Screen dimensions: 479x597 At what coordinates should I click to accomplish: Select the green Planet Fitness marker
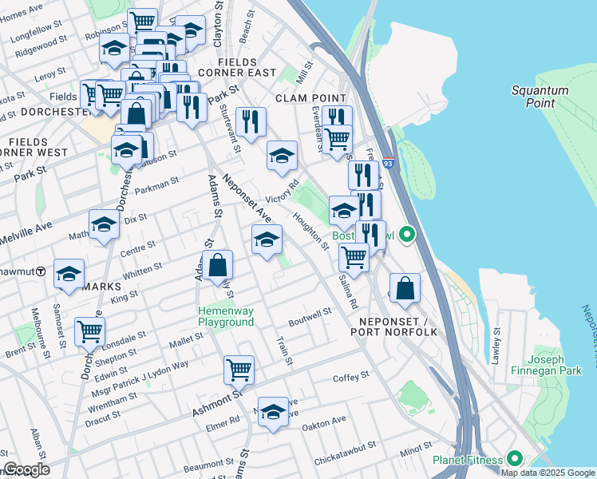[515, 459]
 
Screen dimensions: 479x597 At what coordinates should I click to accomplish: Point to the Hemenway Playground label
[226, 316]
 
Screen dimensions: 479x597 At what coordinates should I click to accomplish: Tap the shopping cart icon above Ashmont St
[239, 370]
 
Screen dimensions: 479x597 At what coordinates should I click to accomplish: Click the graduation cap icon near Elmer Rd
[273, 412]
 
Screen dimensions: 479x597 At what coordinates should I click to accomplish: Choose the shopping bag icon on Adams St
[217, 266]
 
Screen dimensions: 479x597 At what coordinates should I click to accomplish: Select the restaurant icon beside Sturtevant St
[251, 122]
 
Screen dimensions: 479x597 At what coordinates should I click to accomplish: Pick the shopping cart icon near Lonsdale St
[89, 331]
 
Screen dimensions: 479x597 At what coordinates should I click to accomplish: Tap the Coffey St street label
[351, 375]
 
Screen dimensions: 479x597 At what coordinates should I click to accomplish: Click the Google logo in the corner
[26, 469]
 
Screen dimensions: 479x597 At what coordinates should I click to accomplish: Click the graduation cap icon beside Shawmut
[69, 273]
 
